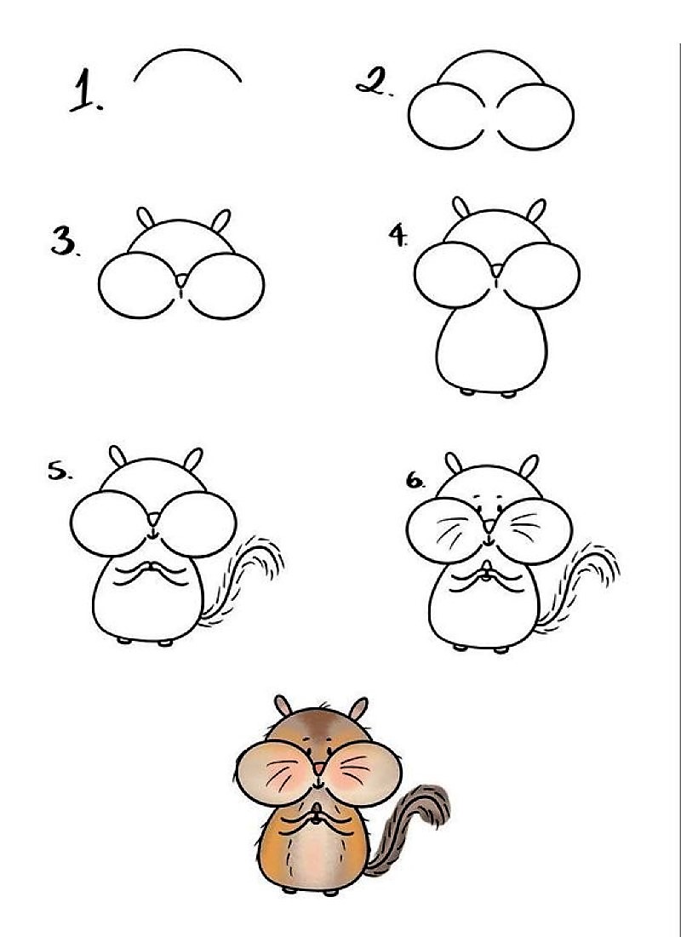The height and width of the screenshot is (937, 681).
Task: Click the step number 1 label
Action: pos(85,91)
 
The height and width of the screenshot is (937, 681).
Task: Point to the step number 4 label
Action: pos(398,236)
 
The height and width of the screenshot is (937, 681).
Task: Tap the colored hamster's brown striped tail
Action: pos(421,817)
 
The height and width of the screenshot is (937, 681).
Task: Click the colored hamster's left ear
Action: pos(283,706)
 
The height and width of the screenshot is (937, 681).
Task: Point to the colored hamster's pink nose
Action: pos(318,768)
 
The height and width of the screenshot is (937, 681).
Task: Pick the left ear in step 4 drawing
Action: pos(461,208)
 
